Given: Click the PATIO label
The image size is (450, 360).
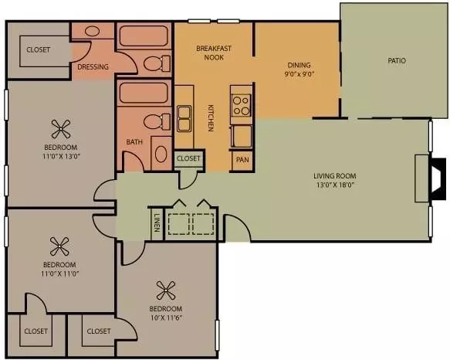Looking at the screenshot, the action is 397,60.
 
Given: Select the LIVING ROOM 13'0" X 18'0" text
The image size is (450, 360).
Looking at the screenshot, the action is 335,180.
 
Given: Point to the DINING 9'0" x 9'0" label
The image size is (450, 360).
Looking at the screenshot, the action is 299,70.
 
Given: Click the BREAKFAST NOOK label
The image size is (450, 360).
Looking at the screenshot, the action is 214,53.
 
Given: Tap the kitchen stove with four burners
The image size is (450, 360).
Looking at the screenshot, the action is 241,104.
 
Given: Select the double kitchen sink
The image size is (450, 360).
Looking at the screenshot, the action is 184,118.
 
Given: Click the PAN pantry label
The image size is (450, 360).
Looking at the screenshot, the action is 242,159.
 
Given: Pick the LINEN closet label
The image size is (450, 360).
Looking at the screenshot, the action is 157,222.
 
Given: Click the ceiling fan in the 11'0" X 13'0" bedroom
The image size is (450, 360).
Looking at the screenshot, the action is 61,129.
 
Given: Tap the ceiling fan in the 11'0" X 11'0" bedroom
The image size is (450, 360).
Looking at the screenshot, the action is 59,246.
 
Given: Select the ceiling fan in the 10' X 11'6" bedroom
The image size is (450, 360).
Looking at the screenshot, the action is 166,290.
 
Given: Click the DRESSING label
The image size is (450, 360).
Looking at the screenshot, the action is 93,66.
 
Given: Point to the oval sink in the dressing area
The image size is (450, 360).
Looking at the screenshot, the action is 93,31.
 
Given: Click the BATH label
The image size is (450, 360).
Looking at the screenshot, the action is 134,141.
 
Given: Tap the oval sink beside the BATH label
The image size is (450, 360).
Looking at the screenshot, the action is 161,154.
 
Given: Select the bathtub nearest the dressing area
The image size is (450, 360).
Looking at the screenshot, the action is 144,36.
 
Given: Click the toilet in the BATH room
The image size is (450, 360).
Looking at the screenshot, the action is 157,122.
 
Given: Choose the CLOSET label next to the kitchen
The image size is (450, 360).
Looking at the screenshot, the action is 188,158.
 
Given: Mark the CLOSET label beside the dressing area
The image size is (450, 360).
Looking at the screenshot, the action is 38,49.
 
